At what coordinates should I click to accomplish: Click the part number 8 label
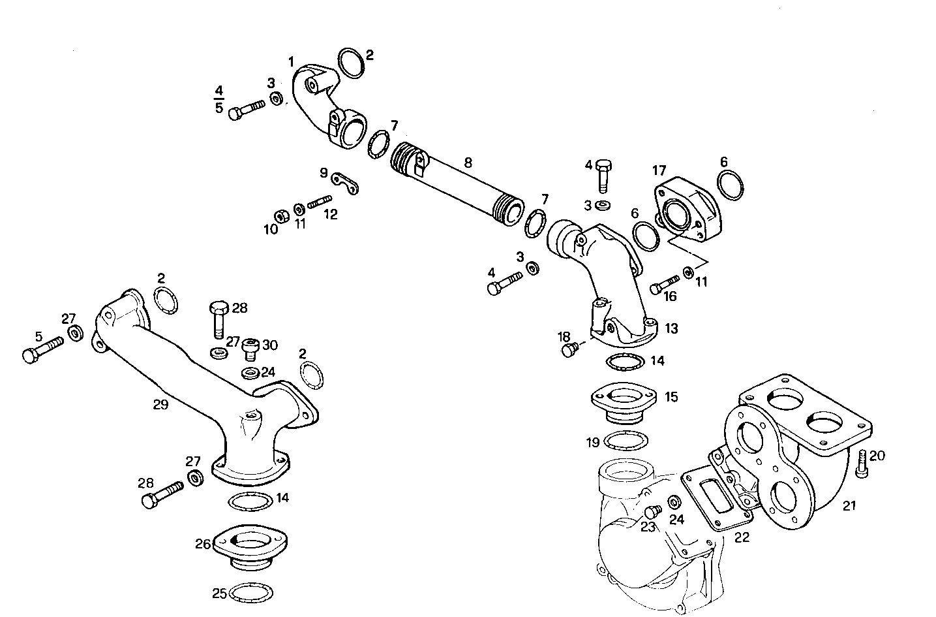468,163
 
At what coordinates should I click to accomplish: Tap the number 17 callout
659,170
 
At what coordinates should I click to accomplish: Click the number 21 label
849,505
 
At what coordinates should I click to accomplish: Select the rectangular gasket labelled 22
716,496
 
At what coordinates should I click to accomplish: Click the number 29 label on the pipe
160,404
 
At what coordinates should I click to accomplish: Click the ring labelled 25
252,592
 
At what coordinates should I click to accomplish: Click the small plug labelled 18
569,351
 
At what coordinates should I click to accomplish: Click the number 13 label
671,328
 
